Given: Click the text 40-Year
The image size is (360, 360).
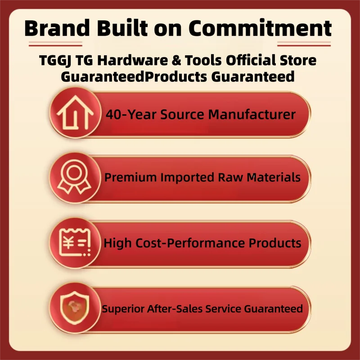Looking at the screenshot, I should click(126, 114).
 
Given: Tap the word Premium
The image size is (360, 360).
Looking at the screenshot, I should click(128, 177).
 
